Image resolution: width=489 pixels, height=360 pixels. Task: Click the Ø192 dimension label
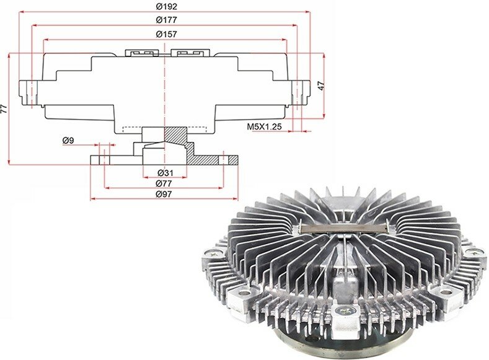tap(166, 6)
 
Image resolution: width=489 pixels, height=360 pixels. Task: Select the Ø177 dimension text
tap(166, 20)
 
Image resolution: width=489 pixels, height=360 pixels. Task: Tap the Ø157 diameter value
tap(166, 34)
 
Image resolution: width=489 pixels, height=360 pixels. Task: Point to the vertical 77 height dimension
tap(4, 109)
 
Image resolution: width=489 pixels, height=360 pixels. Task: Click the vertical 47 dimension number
tap(321, 86)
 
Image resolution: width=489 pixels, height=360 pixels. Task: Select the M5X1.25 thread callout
tap(264, 126)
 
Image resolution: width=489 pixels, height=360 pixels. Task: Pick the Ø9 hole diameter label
tap(68, 141)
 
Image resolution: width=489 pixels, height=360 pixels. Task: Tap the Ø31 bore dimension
tap(165, 172)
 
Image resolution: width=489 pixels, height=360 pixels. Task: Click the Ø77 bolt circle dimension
tap(164, 183)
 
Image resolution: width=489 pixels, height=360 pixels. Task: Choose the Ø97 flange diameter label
tap(164, 194)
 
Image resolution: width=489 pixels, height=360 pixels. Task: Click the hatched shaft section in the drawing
tap(175, 134)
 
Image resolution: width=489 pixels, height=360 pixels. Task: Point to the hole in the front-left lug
tap(244, 293)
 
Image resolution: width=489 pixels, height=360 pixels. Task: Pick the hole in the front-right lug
tap(446, 292)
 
